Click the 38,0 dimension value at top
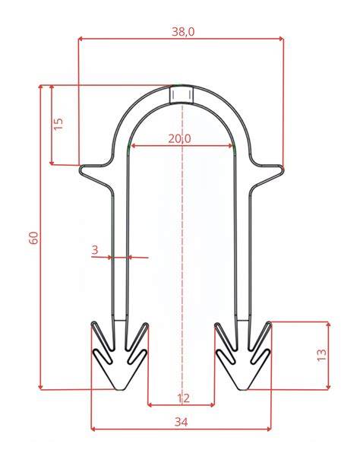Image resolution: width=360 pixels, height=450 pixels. click(x=183, y=31)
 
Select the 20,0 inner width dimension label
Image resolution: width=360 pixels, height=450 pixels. click(x=179, y=139)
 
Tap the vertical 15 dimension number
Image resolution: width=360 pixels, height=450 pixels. click(x=58, y=124)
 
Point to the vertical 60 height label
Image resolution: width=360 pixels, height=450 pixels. click(x=34, y=238)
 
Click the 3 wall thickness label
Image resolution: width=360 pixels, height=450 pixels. click(x=95, y=250)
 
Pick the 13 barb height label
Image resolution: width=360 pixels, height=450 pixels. click(x=322, y=355)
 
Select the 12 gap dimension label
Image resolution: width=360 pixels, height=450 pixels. click(x=183, y=398)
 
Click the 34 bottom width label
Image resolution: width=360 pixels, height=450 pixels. click(x=182, y=422)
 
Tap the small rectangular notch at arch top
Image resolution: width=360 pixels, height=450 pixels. click(x=182, y=94)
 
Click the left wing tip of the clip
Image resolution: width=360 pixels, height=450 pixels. click(x=81, y=169)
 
